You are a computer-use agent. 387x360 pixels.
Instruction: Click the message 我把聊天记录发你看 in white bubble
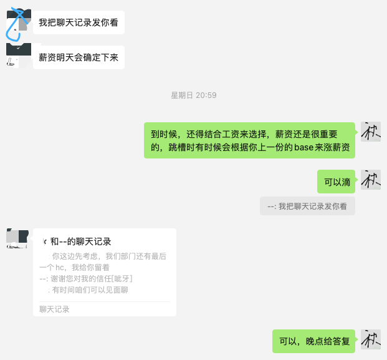tap(79, 22)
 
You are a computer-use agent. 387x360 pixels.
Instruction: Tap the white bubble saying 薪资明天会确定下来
tap(79, 57)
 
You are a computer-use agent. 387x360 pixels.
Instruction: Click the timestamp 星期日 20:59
tap(193, 95)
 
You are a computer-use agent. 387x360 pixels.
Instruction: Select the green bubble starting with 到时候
tap(250, 140)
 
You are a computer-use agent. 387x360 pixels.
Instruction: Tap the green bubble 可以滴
tap(337, 182)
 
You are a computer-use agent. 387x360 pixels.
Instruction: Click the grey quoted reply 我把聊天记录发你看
tap(307, 207)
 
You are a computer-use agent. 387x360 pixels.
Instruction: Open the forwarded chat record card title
tap(80, 241)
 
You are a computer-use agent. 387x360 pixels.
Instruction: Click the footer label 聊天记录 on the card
tap(54, 309)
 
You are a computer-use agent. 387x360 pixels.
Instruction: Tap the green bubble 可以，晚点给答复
tap(313, 341)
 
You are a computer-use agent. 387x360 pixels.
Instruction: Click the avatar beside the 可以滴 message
tap(370, 180)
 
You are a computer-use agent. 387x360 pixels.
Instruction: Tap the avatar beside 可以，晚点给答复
tap(370, 339)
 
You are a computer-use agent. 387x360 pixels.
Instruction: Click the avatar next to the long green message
tap(370, 132)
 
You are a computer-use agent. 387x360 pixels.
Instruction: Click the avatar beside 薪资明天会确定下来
tap(18, 55)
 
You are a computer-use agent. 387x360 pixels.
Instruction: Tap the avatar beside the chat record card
tap(17, 238)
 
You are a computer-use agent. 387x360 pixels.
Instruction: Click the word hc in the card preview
tap(60, 268)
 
